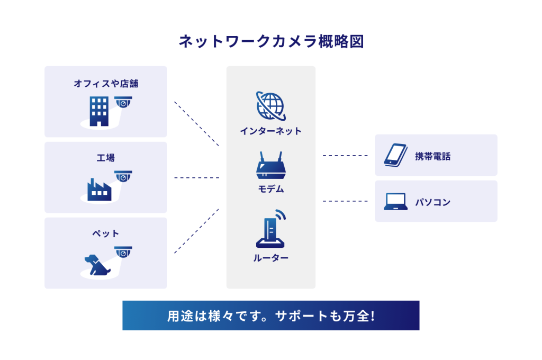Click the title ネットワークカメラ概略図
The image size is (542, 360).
click(x=271, y=42)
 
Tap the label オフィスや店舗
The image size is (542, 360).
click(x=106, y=83)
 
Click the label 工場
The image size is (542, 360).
click(x=106, y=158)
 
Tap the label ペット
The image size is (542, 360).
click(x=106, y=233)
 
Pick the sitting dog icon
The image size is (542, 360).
click(x=97, y=264)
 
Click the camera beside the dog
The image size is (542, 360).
click(x=123, y=253)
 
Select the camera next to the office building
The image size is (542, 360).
click(x=123, y=102)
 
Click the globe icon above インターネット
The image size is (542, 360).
click(x=270, y=105)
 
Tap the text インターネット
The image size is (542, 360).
click(x=270, y=131)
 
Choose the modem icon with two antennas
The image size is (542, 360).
click(x=270, y=165)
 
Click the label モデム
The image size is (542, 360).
click(x=270, y=189)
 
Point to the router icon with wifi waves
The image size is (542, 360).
click(x=271, y=230)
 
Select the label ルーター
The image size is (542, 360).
click(x=270, y=258)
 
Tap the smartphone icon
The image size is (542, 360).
click(x=395, y=155)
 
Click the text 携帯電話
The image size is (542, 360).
click(x=432, y=156)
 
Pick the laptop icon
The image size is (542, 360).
click(x=395, y=202)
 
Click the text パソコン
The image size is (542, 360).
click(x=432, y=202)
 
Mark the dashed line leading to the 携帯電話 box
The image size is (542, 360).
click(x=345, y=156)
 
